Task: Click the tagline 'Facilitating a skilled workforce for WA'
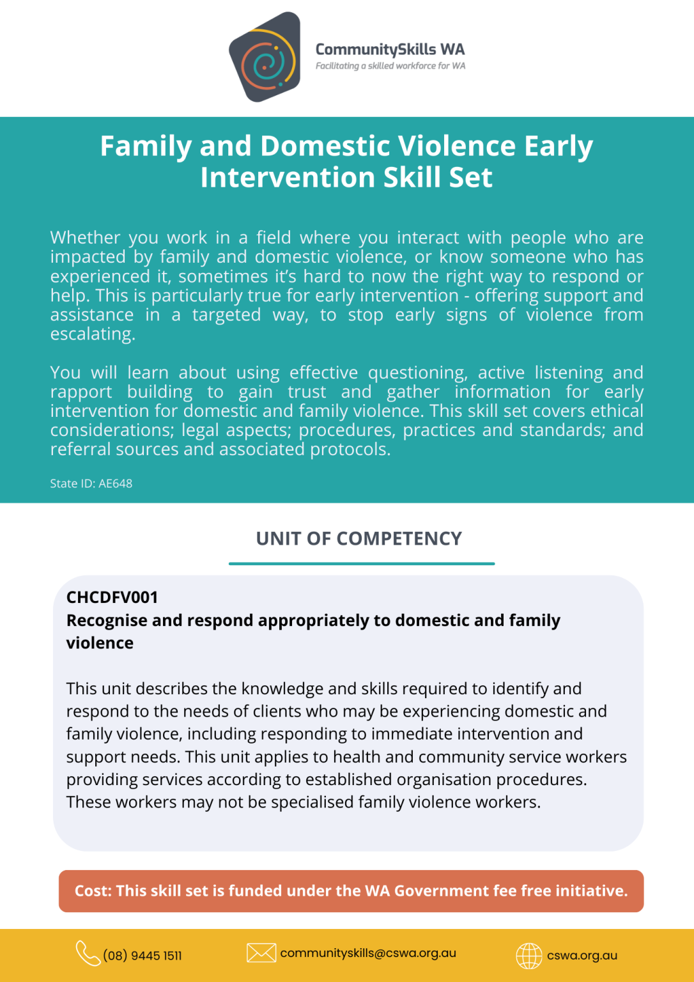[x=390, y=66]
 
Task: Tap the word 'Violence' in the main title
[x=454, y=146]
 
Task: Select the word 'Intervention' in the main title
[x=288, y=177]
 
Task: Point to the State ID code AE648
[x=115, y=483]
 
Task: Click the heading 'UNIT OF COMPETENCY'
[x=359, y=538]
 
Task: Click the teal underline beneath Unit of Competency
[x=362, y=563]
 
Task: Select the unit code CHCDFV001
[x=112, y=597]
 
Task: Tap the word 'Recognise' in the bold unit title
[x=100, y=621]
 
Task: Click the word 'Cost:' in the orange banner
[x=93, y=891]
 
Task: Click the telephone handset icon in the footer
[x=88, y=953]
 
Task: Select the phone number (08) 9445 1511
[x=143, y=956]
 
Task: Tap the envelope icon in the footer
[x=261, y=953]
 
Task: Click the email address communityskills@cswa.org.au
[x=368, y=953]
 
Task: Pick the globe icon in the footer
[x=529, y=956]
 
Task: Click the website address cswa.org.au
[x=582, y=956]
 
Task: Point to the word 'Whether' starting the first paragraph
[x=85, y=238]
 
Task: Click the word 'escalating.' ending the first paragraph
[x=93, y=334]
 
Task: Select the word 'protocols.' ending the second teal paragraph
[x=350, y=449]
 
